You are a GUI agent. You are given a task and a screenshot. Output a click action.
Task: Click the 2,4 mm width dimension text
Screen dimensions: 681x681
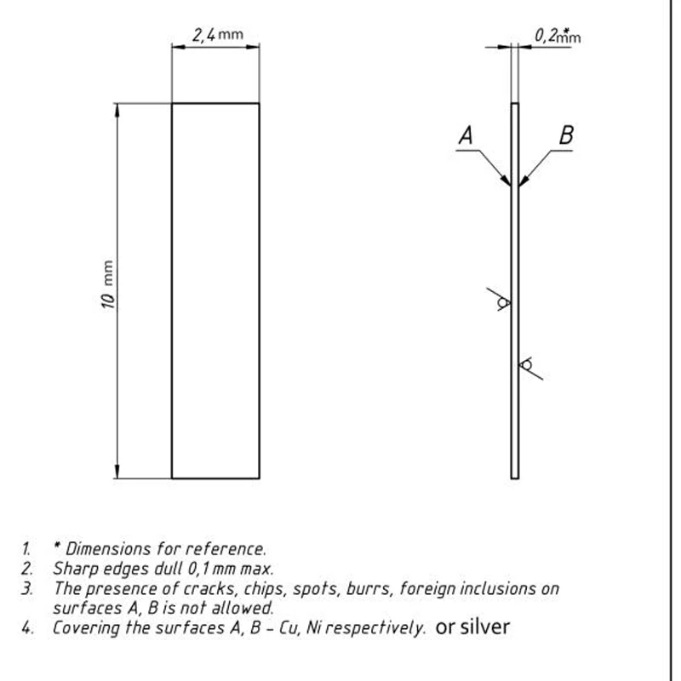217,35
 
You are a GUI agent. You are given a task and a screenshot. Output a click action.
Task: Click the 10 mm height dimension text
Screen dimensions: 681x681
109,290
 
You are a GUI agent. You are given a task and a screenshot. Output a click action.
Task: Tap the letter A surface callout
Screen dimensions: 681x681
466,134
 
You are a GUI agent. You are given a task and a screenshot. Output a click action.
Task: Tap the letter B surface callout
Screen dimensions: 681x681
566,134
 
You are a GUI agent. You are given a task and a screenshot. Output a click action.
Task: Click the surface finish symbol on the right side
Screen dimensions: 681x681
528,366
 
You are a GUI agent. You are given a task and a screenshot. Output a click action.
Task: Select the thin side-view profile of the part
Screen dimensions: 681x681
515,340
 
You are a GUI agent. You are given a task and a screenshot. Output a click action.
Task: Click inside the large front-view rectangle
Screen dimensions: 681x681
215,290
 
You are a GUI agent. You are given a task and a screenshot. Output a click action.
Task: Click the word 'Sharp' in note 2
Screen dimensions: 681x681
73,569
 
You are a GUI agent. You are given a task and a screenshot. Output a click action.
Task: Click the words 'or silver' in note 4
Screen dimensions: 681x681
472,628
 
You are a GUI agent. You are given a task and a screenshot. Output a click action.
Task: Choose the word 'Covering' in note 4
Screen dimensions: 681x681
85,629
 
